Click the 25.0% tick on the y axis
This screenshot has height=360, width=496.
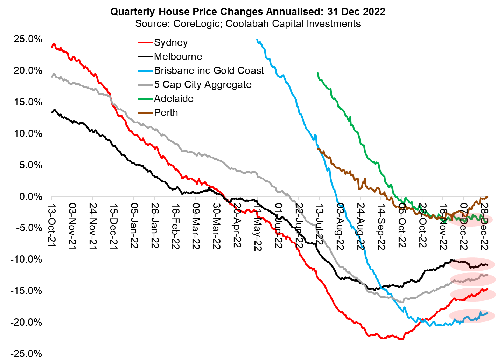(28, 39)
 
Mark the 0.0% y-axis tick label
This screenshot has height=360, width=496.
(30, 197)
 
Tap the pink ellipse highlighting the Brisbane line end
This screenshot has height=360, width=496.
(472, 316)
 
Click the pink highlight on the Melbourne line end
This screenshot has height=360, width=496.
(472, 264)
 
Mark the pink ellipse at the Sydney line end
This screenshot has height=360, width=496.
(473, 294)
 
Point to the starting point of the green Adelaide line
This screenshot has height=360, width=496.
(317, 73)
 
